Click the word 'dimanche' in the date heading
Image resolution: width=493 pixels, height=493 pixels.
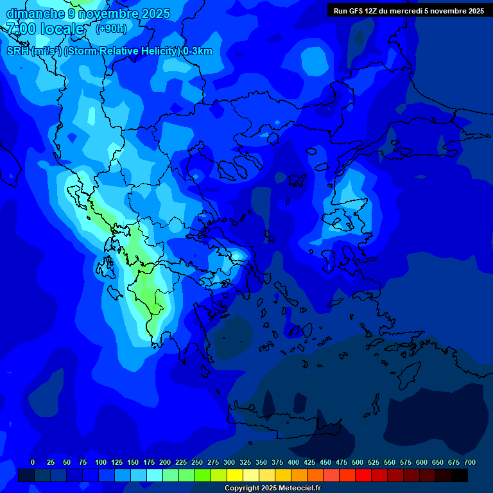(35, 13)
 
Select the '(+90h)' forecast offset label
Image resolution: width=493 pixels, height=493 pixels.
(111, 29)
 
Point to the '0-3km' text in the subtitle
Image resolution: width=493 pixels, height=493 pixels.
(197, 51)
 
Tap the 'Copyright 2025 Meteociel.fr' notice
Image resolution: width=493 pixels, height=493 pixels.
(272, 489)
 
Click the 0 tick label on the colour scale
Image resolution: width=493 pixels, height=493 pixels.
(33, 462)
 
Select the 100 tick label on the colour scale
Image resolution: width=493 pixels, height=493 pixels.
(101, 462)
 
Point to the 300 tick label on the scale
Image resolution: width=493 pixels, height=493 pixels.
(229, 462)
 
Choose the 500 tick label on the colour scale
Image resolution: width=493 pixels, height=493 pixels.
(358, 462)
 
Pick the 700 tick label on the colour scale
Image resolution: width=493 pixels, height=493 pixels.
(469, 462)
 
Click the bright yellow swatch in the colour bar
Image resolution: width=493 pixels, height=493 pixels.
(235, 475)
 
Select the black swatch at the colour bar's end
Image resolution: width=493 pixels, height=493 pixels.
(460, 475)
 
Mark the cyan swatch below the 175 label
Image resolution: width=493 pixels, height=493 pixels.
(155, 475)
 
